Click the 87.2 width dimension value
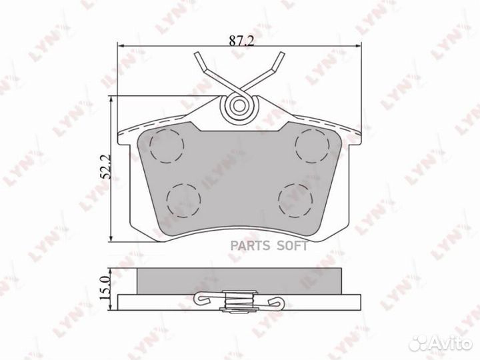point(242,41)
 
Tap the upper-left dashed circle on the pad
point(167,145)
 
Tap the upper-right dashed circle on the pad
point(312,146)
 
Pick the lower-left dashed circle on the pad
point(184,201)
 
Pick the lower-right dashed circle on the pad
point(295,201)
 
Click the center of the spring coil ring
point(239,106)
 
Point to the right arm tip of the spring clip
point(281,55)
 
